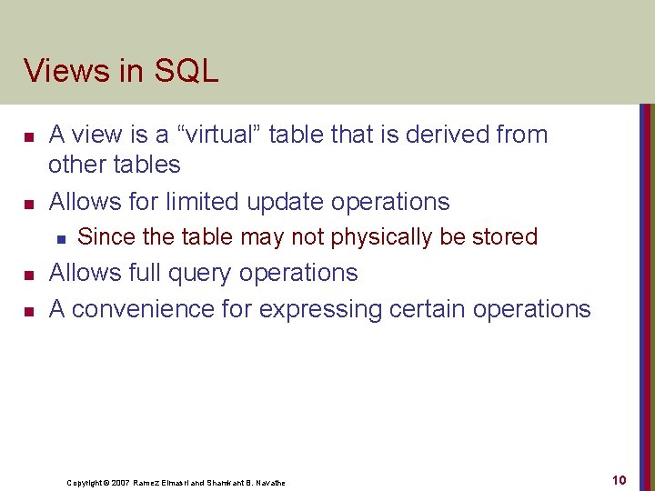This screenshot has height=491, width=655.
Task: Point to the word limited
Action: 203,201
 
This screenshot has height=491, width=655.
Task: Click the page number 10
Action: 619,480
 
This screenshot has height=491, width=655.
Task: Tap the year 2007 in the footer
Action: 122,483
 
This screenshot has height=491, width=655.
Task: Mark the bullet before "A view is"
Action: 28,135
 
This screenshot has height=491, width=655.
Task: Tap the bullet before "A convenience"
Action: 28,311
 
